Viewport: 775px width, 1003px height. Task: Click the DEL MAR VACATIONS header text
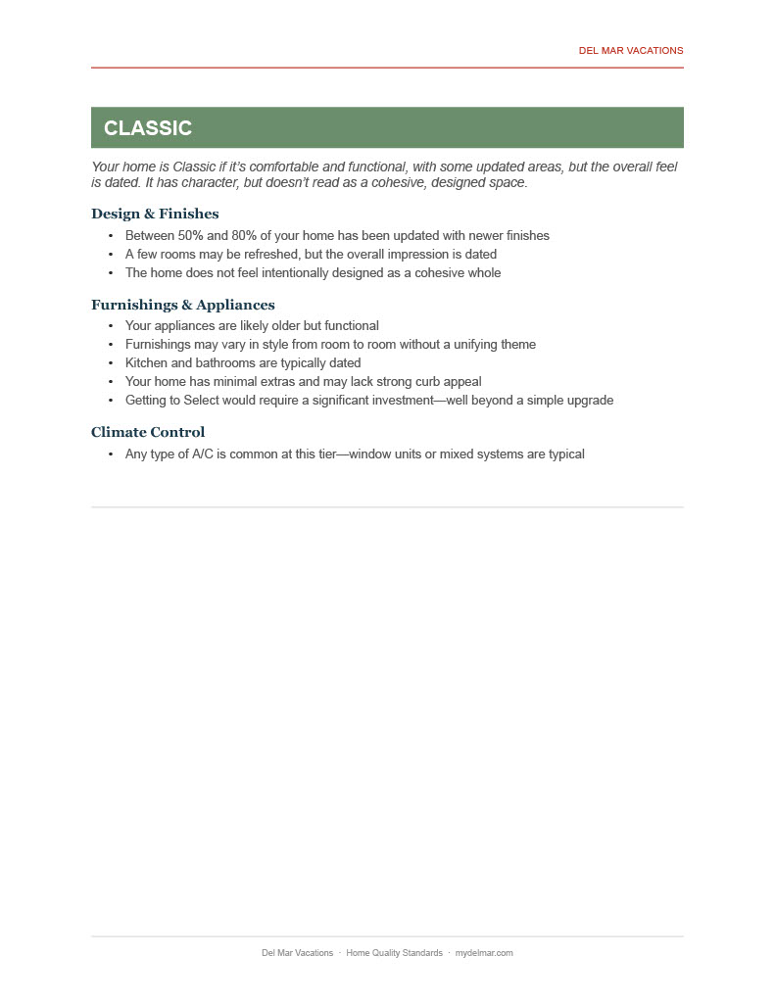click(x=631, y=50)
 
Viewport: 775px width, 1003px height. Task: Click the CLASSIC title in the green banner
click(x=148, y=128)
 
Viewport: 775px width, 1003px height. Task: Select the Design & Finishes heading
click(x=155, y=214)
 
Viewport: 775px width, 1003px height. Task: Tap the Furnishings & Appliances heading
click(x=182, y=305)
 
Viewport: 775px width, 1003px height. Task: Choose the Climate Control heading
click(x=148, y=432)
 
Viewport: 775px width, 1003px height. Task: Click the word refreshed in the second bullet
click(x=271, y=255)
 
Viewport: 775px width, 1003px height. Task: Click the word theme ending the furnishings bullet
click(x=517, y=345)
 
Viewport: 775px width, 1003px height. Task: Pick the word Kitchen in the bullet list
click(x=146, y=363)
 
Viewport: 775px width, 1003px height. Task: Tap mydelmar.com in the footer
click(x=484, y=953)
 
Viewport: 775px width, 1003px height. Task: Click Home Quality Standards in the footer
click(x=394, y=953)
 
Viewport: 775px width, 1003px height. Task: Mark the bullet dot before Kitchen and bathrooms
click(x=111, y=363)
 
